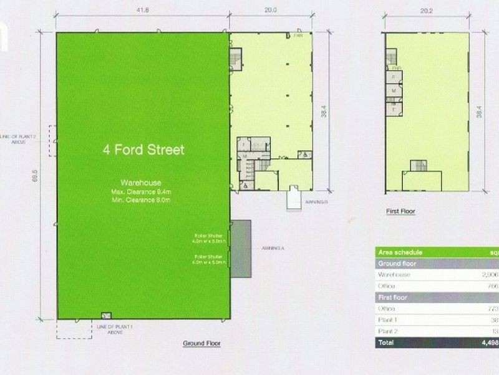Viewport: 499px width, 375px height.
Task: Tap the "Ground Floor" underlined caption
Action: pos(201,344)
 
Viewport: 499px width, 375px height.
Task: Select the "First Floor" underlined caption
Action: pos(400,211)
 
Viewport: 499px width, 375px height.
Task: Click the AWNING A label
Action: pos(269,248)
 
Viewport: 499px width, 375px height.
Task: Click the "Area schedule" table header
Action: pos(399,252)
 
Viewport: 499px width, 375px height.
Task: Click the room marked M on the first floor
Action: pos(394,91)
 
